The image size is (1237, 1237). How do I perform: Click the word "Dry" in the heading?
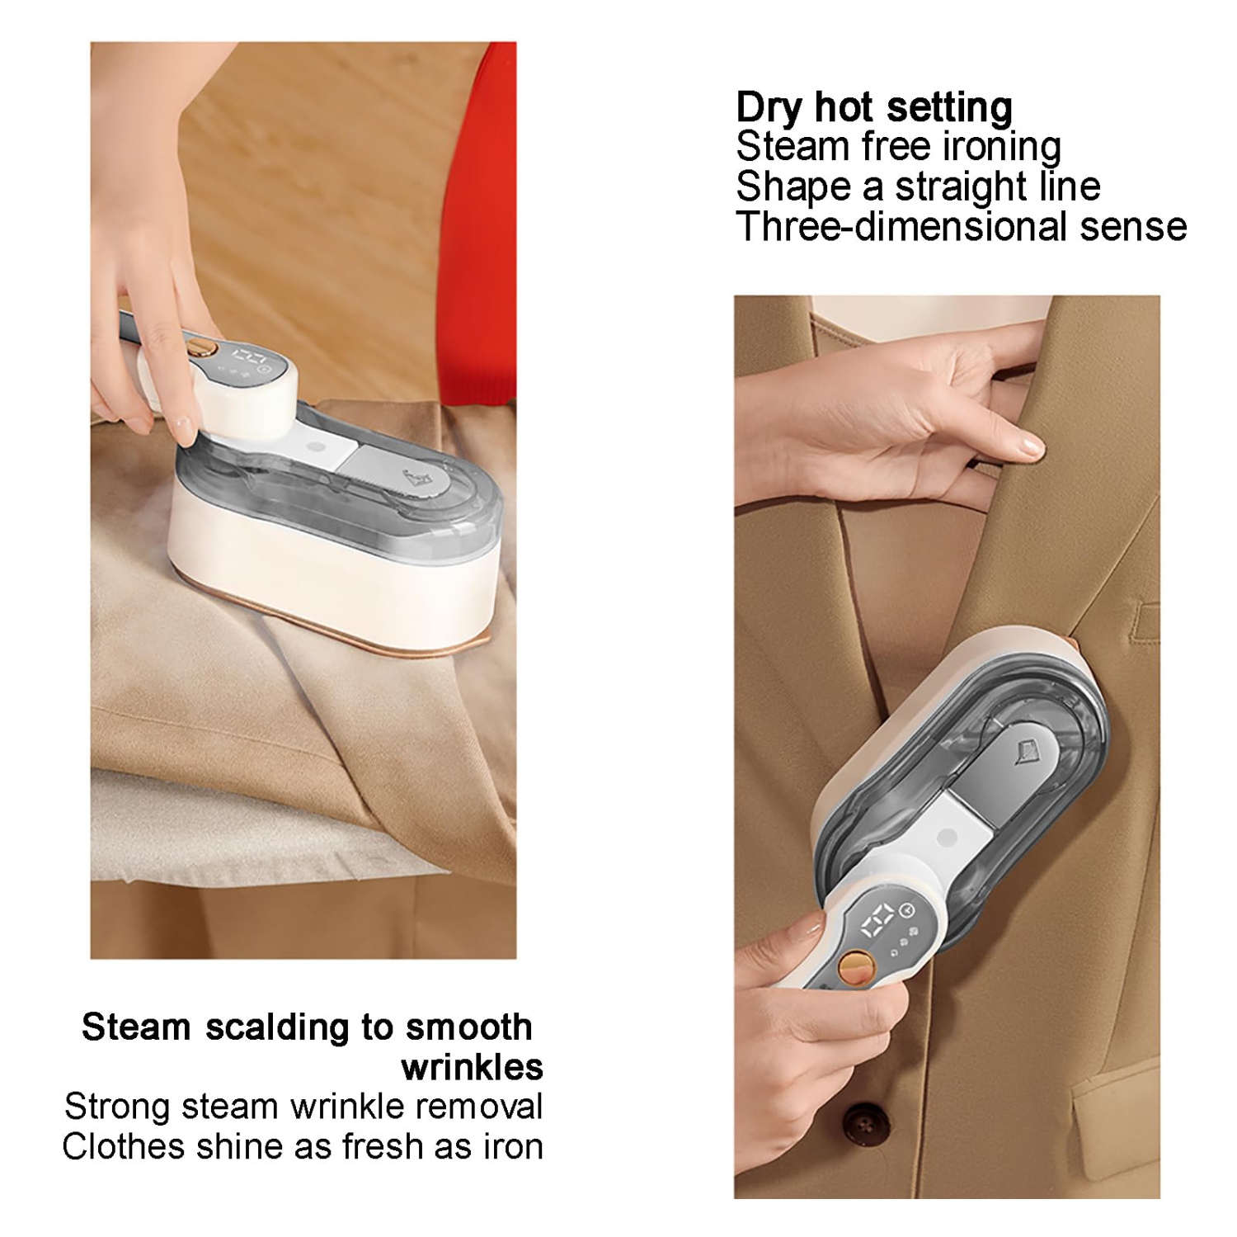[770, 108]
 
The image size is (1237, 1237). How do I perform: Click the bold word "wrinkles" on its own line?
[472, 1068]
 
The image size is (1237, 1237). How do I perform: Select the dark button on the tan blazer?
[863, 1126]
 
